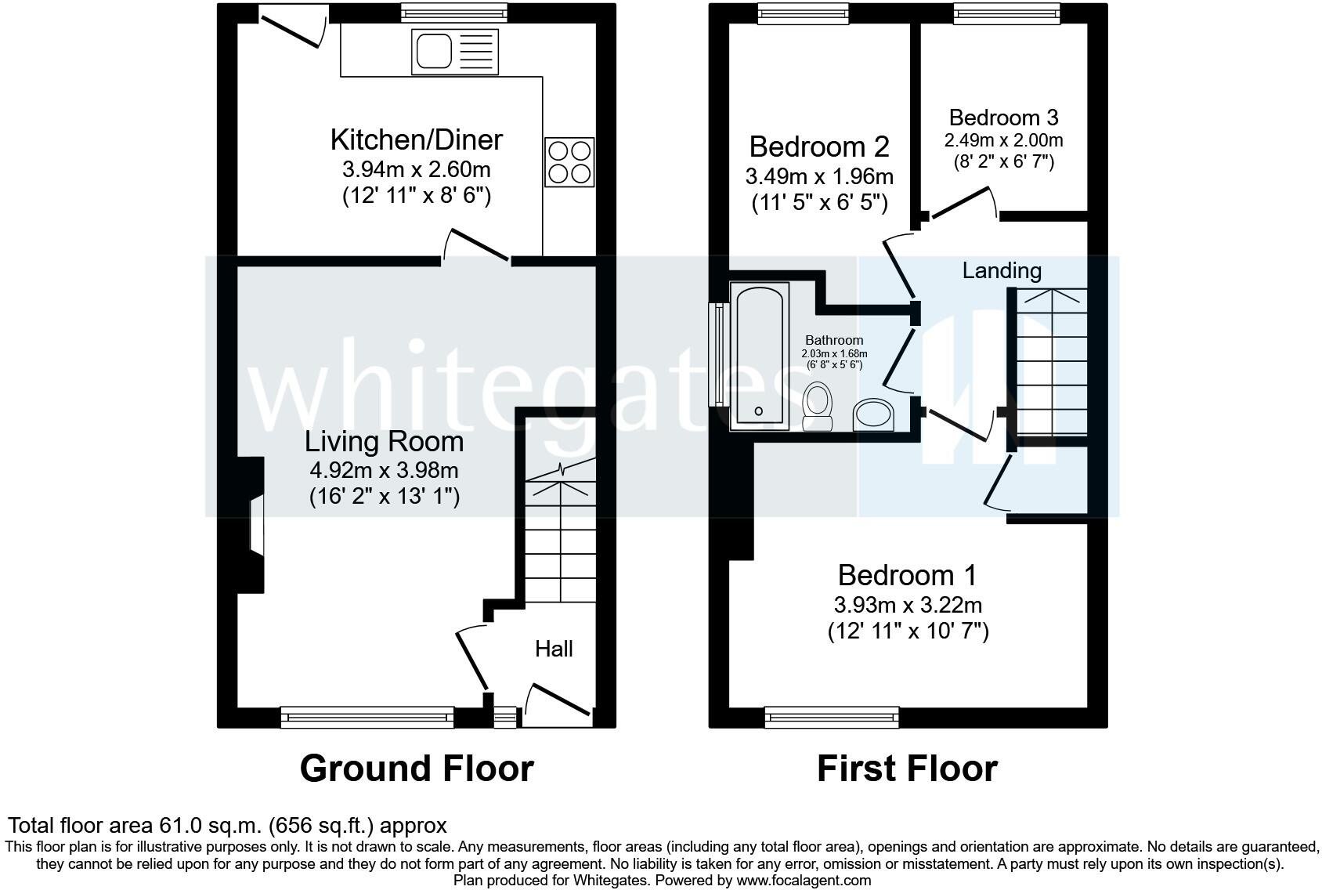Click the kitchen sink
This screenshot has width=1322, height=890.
(455, 52)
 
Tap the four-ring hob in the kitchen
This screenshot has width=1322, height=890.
(569, 162)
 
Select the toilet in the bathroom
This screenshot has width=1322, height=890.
(818, 407)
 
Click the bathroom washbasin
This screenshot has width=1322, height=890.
(873, 414)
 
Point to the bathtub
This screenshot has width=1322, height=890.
(760, 356)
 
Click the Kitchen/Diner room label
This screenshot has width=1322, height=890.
(417, 140)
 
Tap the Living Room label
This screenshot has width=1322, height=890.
(385, 442)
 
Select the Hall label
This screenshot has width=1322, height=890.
(554, 649)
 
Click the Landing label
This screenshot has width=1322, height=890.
(1002, 270)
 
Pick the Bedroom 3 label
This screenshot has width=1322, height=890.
(1004, 118)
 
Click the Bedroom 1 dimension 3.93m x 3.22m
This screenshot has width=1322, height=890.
(908, 605)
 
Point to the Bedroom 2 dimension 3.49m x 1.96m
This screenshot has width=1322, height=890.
(819, 176)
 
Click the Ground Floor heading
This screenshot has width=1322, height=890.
(417, 769)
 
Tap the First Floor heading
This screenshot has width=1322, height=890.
(908, 769)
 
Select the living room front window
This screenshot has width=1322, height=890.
(367, 717)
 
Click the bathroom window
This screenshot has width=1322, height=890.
(719, 354)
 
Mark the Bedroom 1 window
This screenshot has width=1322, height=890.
(833, 717)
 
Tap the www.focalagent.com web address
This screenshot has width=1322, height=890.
(804, 881)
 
